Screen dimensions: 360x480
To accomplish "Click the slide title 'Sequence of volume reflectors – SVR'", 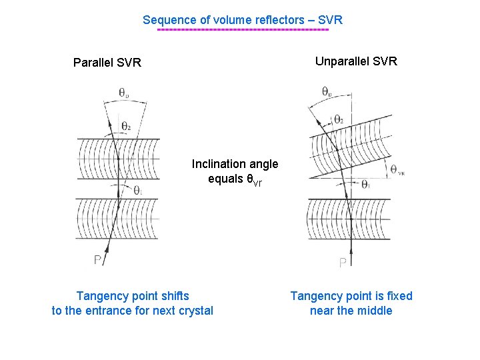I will point(243,20).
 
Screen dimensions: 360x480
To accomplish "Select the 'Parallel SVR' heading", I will point(107,63).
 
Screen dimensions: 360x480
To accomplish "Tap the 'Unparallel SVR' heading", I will point(356,61).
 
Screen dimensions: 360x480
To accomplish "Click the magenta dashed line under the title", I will point(243,30).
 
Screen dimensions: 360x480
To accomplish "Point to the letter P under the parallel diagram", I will point(97,260).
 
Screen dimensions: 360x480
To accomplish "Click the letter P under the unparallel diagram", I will point(343,263).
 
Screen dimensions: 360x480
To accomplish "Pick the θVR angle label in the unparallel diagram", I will point(397,170).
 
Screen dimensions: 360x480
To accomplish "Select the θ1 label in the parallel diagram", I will point(138,191).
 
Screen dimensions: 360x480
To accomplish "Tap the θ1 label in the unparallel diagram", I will point(366,185).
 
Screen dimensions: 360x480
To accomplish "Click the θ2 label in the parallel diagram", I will point(126,126).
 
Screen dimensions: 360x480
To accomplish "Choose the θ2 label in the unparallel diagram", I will point(339,119).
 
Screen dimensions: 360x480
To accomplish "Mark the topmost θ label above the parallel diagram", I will point(124,93).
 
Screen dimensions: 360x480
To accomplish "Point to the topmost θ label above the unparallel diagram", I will point(327,91).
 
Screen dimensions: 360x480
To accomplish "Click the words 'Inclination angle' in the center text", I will point(235,164).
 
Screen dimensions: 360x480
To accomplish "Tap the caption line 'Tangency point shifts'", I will point(133,296).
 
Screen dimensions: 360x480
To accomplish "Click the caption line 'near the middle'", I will point(351,311).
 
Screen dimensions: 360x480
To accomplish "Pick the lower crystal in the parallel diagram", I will point(118,219).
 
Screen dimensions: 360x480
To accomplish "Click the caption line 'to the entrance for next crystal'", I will point(133,311).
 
